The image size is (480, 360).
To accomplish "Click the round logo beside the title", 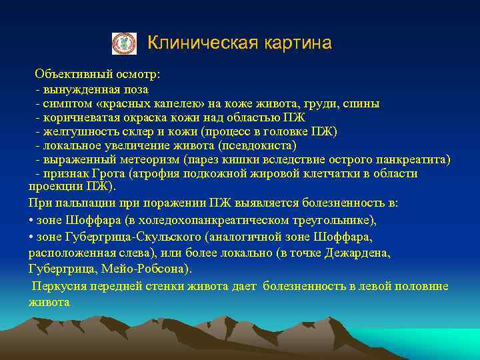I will click(124, 43).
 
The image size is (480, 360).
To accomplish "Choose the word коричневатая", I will click(78, 117).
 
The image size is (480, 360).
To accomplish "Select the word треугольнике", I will click(337, 220).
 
